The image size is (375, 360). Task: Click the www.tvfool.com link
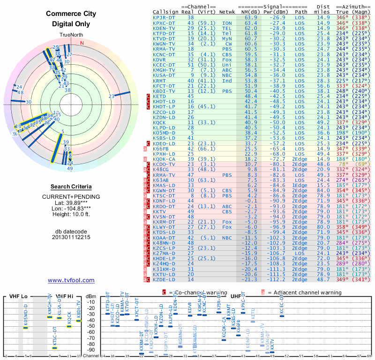pyautogui.click(x=71, y=280)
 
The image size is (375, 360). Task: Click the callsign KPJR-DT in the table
pyautogui.click(x=164, y=17)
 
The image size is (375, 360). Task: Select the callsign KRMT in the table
pyautogui.click(x=159, y=81)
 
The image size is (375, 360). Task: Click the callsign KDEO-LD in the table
pyautogui.click(x=164, y=143)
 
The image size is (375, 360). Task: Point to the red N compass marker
pyautogui.click(x=82, y=44)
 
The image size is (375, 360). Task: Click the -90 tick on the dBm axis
pyautogui.click(x=90, y=350)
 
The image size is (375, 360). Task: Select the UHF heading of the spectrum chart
pyautogui.click(x=237, y=297)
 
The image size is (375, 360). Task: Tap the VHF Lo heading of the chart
pyautogui.click(x=17, y=297)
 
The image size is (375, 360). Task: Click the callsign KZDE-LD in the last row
pyautogui.click(x=164, y=279)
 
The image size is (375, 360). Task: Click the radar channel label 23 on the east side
pyautogui.click(x=111, y=97)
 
